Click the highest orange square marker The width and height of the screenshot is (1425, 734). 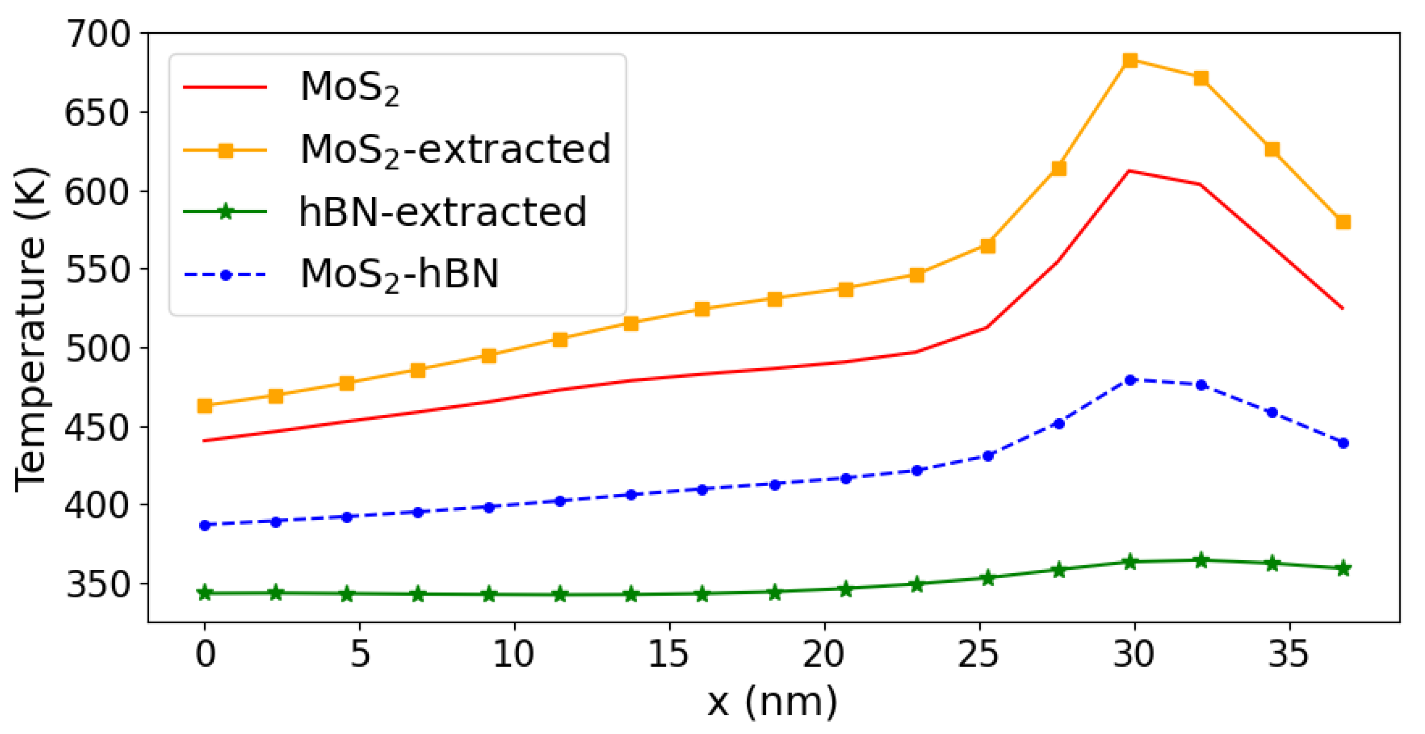point(1130,60)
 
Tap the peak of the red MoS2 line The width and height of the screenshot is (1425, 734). point(1129,171)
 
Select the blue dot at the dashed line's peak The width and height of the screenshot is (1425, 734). point(1130,380)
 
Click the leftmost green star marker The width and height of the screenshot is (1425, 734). point(205,593)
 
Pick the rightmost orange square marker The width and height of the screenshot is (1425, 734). point(1343,222)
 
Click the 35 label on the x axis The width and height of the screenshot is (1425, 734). point(1289,655)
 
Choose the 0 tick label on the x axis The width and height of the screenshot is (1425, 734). point(205,655)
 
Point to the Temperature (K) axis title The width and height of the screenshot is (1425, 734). point(30,329)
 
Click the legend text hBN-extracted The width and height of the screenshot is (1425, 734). point(442,212)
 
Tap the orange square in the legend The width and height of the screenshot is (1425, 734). point(225,150)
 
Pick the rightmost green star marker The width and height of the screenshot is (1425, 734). point(1343,568)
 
